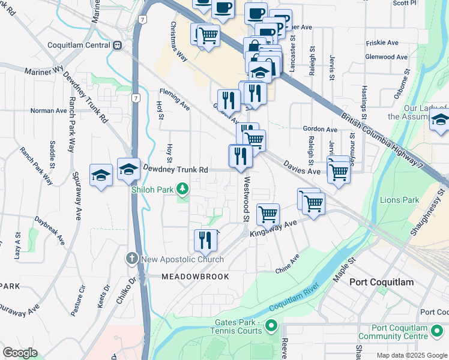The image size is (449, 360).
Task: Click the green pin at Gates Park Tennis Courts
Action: point(271,326)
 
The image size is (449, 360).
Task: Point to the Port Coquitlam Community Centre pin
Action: point(437,332)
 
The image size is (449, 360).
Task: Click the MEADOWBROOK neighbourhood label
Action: point(195,277)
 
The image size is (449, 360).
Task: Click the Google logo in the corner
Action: point(20,353)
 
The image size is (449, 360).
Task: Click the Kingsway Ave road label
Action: point(274,229)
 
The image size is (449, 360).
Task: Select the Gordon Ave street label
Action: point(320,129)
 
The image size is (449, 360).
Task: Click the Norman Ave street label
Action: point(49,111)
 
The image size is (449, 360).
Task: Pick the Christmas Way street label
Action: point(179,40)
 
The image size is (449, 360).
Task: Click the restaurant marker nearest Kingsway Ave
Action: point(205,241)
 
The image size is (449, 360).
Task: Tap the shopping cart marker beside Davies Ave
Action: point(339,172)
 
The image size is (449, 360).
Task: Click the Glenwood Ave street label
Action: point(390,57)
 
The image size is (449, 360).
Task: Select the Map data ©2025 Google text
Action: point(411,355)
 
